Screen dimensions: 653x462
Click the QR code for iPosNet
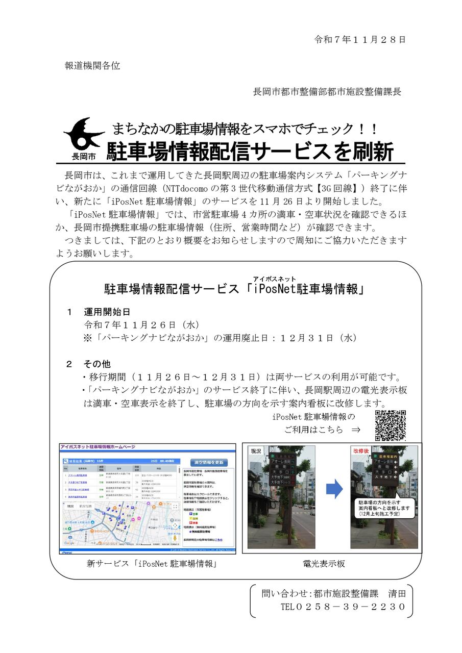[x=391, y=425]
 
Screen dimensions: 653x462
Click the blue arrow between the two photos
[x=334, y=490]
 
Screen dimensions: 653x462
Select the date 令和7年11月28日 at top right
[x=359, y=39]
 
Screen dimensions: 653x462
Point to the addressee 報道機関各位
[x=92, y=66]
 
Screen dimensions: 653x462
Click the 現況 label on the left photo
[x=256, y=451]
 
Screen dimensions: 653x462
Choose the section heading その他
[x=97, y=364]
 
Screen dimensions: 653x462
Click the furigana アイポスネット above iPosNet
[x=275, y=279]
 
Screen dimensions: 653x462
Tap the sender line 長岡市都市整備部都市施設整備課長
[x=327, y=92]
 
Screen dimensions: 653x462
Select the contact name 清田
[x=396, y=593]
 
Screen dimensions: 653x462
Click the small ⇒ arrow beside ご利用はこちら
[x=356, y=430]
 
